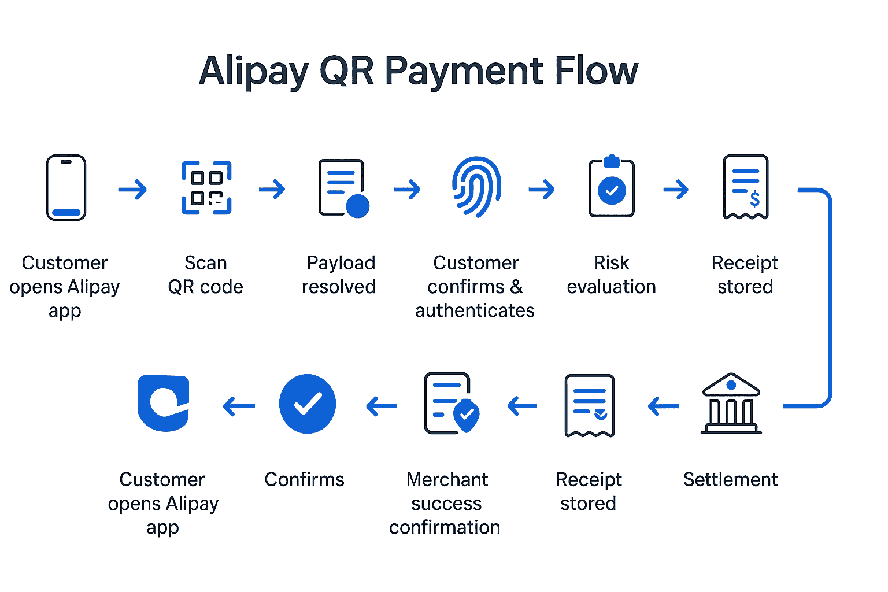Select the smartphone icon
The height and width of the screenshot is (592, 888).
click(66, 187)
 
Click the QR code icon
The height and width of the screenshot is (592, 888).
click(206, 188)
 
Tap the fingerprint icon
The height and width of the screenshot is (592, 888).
click(476, 187)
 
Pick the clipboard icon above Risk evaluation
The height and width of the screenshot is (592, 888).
click(612, 187)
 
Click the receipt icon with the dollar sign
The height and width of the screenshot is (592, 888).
click(746, 187)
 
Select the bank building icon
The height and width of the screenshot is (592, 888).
click(731, 404)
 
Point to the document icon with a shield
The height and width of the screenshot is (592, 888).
click(452, 404)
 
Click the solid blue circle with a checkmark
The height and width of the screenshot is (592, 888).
click(308, 404)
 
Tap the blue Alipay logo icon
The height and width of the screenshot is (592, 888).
click(164, 404)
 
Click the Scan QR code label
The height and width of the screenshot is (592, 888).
click(206, 275)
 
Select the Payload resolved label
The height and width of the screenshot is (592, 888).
click(340, 275)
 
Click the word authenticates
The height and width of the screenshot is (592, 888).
click(475, 310)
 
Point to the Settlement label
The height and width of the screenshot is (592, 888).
click(731, 479)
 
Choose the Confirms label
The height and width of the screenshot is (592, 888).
click(304, 479)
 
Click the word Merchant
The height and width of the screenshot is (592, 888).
click(447, 479)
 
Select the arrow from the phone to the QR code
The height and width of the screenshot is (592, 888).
click(132, 189)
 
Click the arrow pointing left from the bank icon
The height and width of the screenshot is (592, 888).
click(663, 406)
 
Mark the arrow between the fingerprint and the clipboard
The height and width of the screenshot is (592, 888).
click(542, 189)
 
